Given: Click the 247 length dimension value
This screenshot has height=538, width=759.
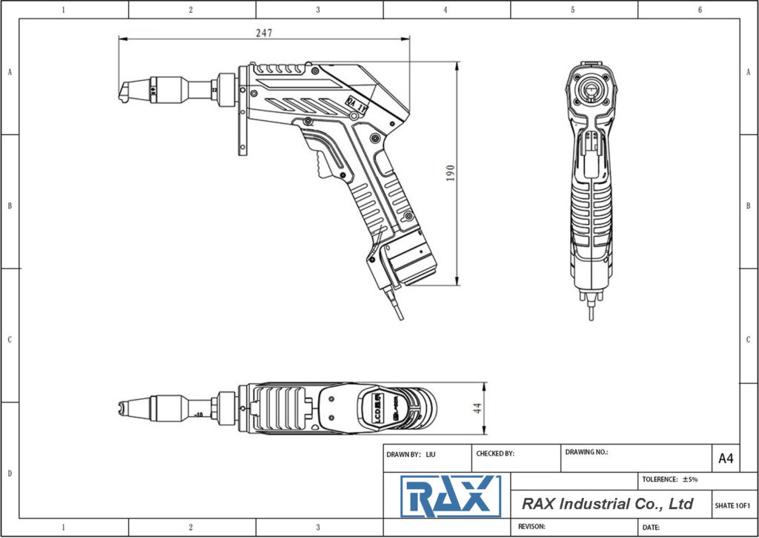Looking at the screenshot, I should click(x=264, y=33).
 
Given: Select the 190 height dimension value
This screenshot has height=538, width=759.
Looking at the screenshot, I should click(x=450, y=173).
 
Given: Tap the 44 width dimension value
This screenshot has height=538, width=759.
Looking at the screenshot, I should click(x=478, y=408).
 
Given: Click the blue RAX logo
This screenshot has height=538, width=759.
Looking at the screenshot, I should click(x=450, y=496).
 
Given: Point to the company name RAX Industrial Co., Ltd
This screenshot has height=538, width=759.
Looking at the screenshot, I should click(x=607, y=504).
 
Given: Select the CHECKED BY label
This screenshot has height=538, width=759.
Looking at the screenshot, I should click(x=494, y=453).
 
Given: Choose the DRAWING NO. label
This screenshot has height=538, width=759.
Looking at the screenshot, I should click(x=586, y=451).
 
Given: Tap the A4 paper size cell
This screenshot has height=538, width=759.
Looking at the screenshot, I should click(x=726, y=459).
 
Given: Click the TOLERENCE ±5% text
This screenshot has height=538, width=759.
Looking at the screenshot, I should click(x=670, y=479).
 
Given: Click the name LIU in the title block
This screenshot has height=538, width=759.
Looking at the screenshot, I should click(x=431, y=453).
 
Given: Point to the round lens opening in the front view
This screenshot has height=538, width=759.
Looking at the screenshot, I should click(x=591, y=90).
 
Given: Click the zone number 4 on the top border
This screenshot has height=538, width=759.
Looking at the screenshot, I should click(x=445, y=10).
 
